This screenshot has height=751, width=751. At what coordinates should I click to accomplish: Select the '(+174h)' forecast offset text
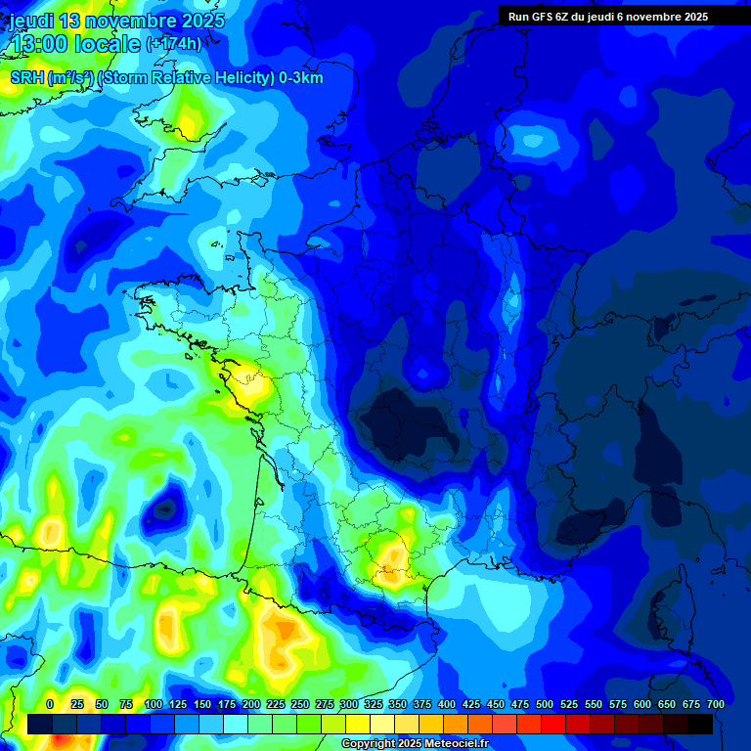pos(174,44)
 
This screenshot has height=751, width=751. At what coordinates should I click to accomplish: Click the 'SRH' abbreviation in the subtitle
pos(26,78)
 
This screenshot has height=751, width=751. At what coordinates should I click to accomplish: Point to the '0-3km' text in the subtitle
pos(301,78)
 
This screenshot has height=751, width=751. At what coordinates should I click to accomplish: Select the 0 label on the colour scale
pos(50,704)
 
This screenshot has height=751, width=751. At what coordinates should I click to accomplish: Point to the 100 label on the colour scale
pos(154,704)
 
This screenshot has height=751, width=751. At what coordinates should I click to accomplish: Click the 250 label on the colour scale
pos(300,704)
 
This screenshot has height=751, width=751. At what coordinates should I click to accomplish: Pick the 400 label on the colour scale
pos(447,704)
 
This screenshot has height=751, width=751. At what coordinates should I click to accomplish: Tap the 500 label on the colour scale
pos(545,704)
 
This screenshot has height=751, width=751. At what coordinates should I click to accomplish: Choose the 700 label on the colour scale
pos(716,704)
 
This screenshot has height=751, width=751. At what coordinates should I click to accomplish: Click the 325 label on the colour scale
pos(374,704)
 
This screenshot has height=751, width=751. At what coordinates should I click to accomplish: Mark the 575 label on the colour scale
pos(618,704)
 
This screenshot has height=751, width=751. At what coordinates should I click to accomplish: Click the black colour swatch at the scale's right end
pos(700,724)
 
